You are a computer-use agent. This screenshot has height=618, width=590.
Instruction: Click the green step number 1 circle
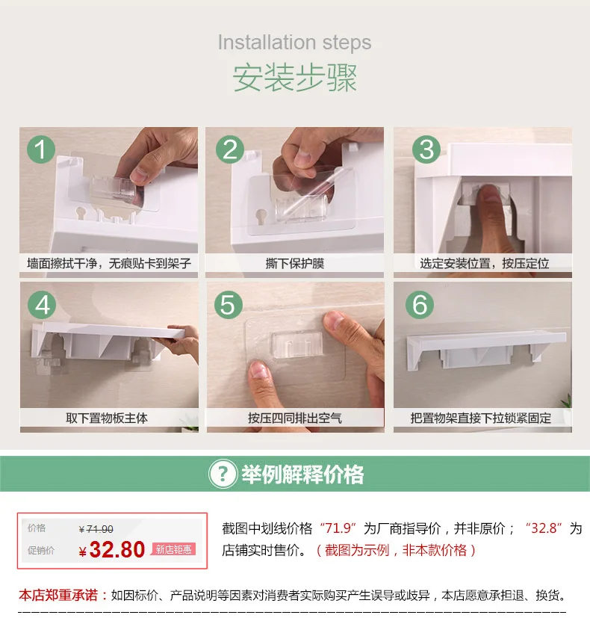pyautogui.click(x=41, y=149)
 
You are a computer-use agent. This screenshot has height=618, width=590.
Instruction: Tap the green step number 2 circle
pyautogui.click(x=230, y=149)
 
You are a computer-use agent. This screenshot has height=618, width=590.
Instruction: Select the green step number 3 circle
pyautogui.click(x=426, y=149)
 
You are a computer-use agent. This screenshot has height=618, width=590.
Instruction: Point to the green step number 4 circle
pyautogui.click(x=42, y=305)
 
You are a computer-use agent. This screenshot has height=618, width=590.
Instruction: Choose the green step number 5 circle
pyautogui.click(x=229, y=305)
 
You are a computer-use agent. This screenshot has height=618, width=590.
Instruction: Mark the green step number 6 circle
pyautogui.click(x=420, y=305)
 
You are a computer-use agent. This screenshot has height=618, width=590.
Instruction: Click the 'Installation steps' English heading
pyautogui.click(x=294, y=43)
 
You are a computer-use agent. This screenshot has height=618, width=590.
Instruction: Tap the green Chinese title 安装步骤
pyautogui.click(x=294, y=77)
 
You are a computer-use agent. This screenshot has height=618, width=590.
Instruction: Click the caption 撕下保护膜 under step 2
pyautogui.click(x=294, y=263)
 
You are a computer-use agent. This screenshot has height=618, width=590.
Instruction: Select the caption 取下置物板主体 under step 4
pyautogui.click(x=107, y=418)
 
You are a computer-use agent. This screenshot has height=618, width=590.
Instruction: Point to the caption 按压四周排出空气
pyautogui.click(x=294, y=418)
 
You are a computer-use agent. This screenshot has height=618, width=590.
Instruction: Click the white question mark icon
pyautogui.click(x=223, y=473)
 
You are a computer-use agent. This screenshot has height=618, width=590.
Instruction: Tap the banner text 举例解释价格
pyautogui.click(x=302, y=474)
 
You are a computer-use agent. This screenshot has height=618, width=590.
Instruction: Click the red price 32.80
pyautogui.click(x=117, y=549)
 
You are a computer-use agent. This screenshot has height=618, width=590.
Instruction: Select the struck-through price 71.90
pyautogui.click(x=99, y=529)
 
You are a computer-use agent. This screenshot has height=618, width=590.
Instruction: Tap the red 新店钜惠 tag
pyautogui.click(x=174, y=549)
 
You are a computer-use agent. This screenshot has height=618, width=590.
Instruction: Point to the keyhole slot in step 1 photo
pyautogui.click(x=82, y=213)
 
